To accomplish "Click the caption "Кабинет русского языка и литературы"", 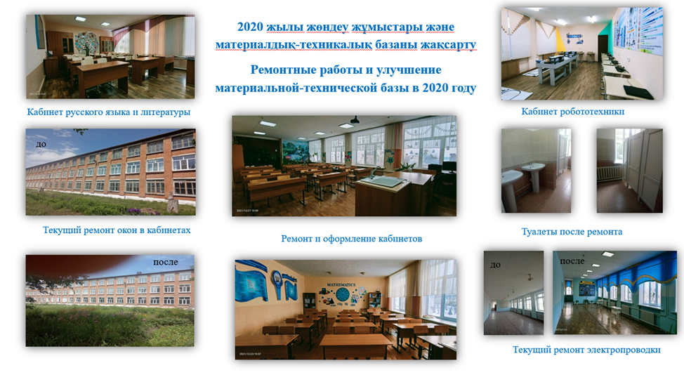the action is click(x=109, y=112).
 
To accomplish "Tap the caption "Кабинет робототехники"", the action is click(x=573, y=112).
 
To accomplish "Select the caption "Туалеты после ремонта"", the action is click(x=572, y=232).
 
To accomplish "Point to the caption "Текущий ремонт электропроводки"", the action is click(x=586, y=350).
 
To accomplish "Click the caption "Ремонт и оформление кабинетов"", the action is click(x=352, y=239).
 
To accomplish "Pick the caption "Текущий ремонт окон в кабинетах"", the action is click(x=117, y=230).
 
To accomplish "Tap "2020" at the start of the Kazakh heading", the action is click(x=250, y=27).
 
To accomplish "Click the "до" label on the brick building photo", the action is click(x=41, y=145).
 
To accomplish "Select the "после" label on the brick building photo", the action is click(x=165, y=262).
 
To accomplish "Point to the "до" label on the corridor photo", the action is click(x=496, y=265).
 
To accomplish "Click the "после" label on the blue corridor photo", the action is click(x=572, y=261).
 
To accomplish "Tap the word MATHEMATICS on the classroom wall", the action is click(x=341, y=285).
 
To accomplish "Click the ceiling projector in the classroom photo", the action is click(x=355, y=119).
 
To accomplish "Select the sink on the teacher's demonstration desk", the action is click(x=386, y=181).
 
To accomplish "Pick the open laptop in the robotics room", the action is click(x=638, y=92).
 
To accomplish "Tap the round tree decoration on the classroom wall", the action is click(x=87, y=43).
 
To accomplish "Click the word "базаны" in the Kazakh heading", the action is click(x=396, y=45).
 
